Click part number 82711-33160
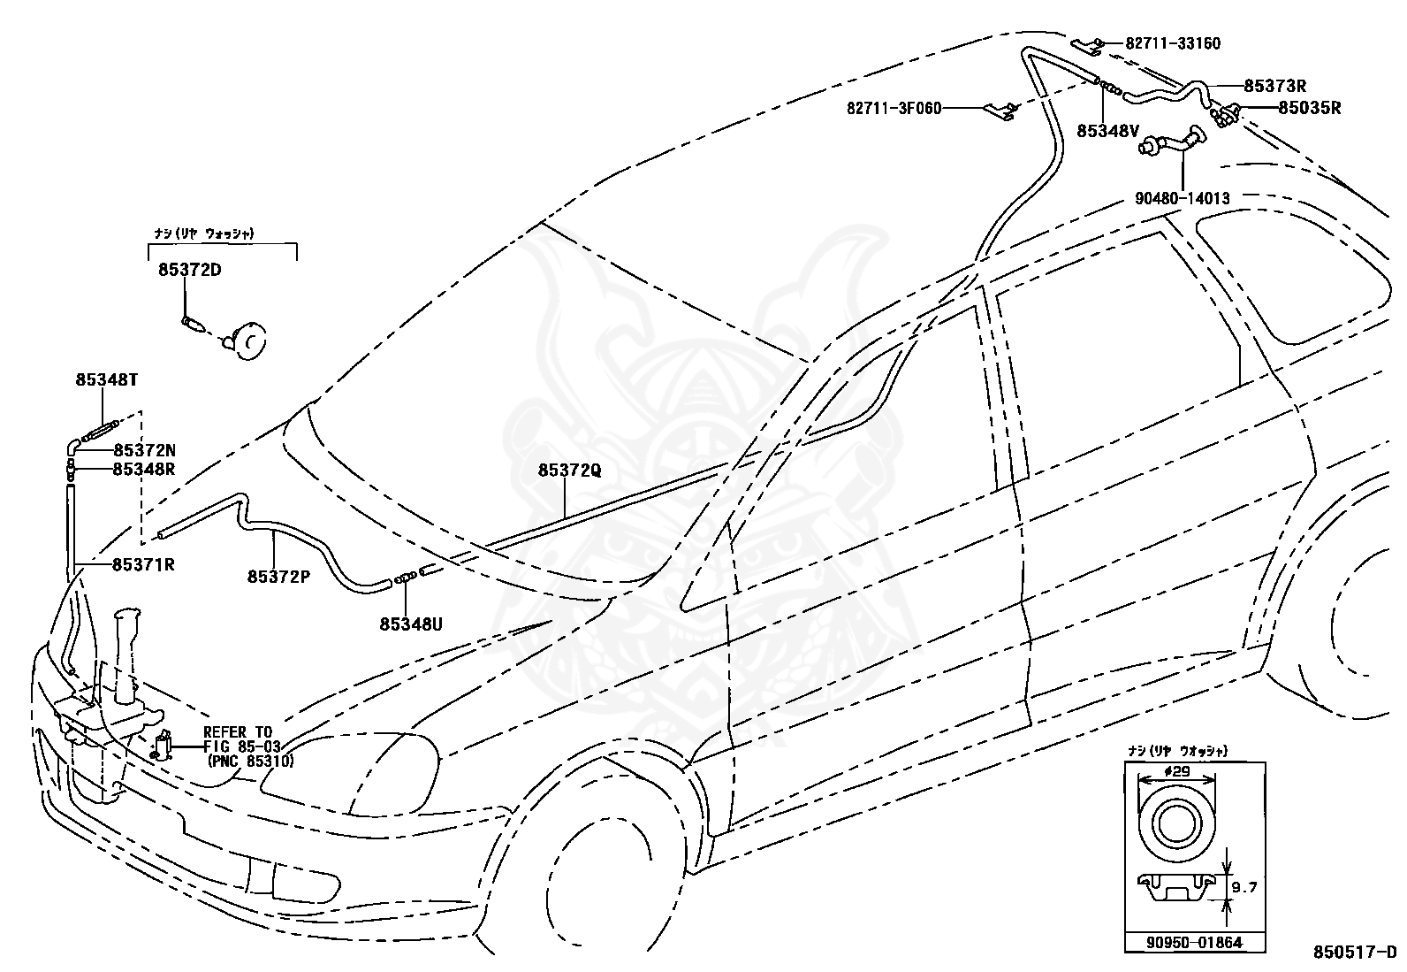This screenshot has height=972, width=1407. point(1173,43)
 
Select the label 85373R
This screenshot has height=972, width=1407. point(1275,86)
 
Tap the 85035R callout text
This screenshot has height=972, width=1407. point(1310,108)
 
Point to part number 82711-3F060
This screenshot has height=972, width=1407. point(894,109)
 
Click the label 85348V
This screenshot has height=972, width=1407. point(1108,131)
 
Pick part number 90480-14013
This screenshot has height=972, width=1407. point(1183,199)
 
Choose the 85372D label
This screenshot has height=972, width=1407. point(190,270)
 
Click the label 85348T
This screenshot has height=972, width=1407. point(107,379)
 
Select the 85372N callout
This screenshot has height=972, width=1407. point(144,450)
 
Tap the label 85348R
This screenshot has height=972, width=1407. point(144,469)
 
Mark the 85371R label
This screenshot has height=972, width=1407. point(143,564)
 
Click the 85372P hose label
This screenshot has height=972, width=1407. point(278,577)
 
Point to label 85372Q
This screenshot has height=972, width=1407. point(570,471)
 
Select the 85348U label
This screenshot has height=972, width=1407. point(411,624)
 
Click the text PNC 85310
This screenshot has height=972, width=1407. point(251,762)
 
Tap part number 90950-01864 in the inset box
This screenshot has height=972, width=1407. point(1194,943)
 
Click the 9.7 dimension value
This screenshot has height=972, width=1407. point(1243,887)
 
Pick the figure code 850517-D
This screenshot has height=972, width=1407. point(1355,952)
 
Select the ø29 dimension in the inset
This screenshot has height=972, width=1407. point(1175,771)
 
